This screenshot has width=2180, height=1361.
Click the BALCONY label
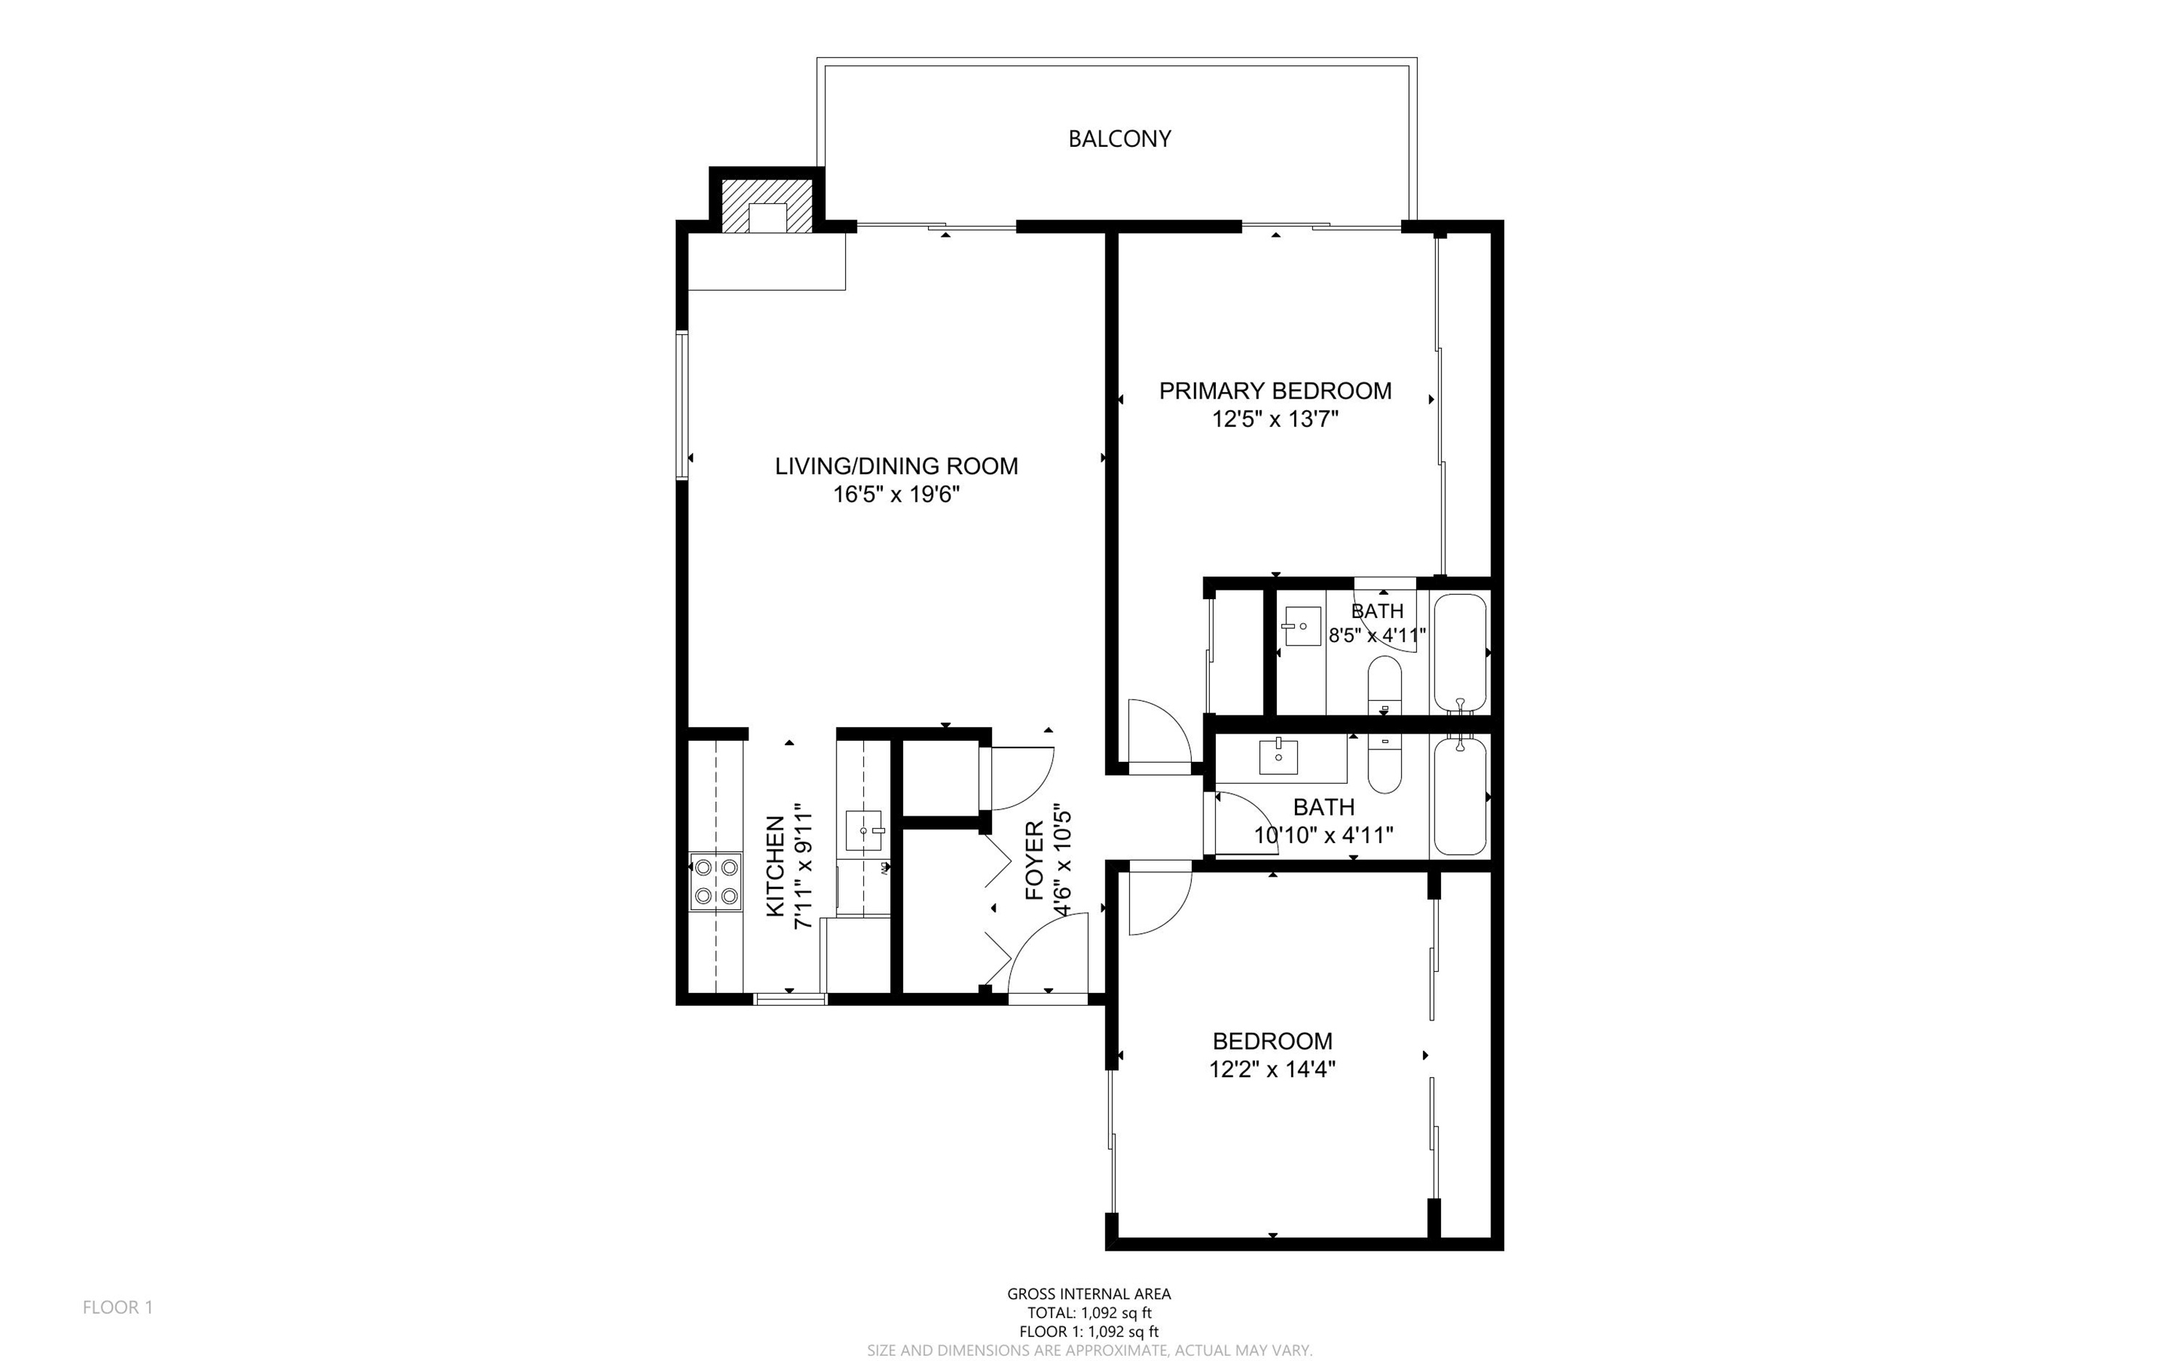[x=1118, y=139]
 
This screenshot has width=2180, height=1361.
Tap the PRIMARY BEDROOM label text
[x=1274, y=391]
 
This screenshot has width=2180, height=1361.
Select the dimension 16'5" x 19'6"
[x=896, y=494]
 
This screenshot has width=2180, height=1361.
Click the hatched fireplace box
[x=767, y=206]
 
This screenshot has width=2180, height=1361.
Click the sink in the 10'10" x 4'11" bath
[x=1277, y=756]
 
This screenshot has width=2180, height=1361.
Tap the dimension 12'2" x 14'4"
[x=1272, y=1069]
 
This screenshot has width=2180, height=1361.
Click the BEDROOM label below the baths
[x=1272, y=1041]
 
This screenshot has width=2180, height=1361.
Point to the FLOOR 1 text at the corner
[x=118, y=1307]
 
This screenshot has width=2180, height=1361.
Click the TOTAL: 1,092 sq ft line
[x=1089, y=1312]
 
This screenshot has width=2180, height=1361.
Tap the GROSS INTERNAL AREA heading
[x=1089, y=1293]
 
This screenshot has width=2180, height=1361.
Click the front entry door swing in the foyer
[x=1044, y=959]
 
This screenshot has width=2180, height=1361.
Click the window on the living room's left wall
[x=682, y=405]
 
